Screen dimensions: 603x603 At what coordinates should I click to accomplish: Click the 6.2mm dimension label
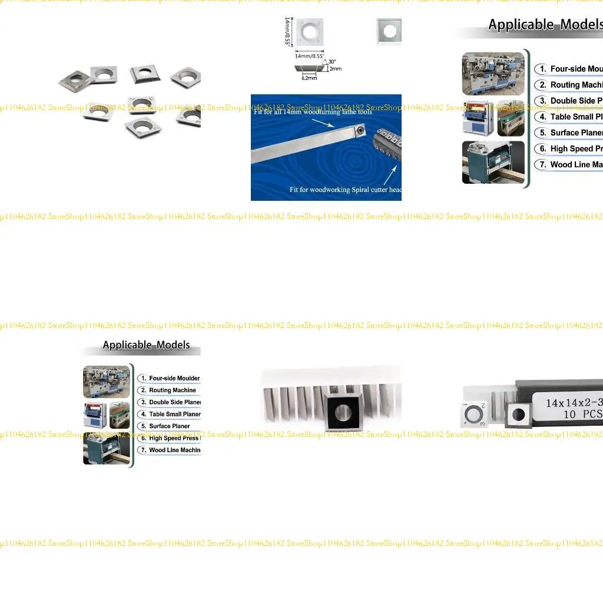(x=309, y=78)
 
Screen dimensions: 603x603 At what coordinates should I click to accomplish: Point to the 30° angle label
(x=332, y=62)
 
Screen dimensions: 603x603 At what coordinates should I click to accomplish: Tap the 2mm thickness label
(x=335, y=69)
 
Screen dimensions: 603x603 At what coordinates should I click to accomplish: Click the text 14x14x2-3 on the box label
(x=572, y=403)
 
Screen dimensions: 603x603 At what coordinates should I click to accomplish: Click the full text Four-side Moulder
(x=174, y=378)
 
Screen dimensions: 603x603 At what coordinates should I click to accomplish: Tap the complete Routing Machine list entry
(x=172, y=390)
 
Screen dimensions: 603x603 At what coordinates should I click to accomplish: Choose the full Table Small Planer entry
(x=174, y=414)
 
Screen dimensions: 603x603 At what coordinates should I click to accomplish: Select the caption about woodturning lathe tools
(x=313, y=112)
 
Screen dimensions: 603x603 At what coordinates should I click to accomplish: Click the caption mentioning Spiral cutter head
(x=346, y=190)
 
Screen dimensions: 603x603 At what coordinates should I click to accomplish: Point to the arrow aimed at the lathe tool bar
(x=323, y=123)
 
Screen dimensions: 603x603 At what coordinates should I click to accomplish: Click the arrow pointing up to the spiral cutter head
(x=388, y=174)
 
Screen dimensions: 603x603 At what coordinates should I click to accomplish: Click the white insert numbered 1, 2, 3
(x=474, y=414)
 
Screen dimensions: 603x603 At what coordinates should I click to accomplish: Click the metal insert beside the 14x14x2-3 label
(x=518, y=414)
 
